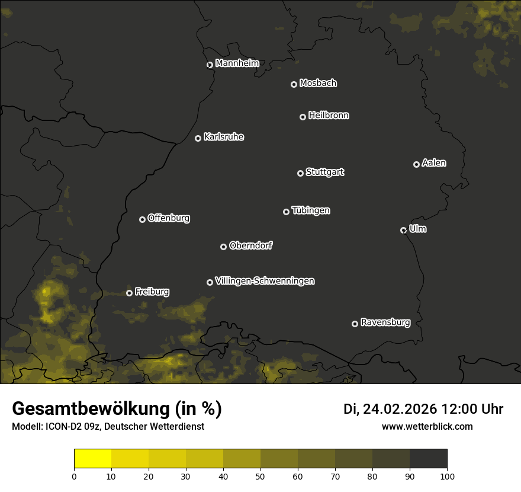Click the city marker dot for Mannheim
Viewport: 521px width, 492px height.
(210, 65)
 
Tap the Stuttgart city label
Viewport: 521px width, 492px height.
(324, 172)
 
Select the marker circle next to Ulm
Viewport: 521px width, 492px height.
(403, 230)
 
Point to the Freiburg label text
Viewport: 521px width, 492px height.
(152, 292)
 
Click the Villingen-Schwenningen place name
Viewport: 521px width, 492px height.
(265, 281)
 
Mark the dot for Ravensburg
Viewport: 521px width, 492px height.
(355, 324)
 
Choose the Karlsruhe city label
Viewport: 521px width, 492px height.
(223, 137)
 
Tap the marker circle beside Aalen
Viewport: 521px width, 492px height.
(416, 164)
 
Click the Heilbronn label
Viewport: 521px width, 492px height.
(329, 116)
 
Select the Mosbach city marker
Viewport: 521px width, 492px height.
(294, 85)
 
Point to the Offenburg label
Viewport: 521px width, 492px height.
(169, 218)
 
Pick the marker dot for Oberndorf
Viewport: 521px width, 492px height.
(223, 247)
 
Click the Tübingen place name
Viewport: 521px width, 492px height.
(311, 210)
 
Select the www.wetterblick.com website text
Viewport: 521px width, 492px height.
(427, 426)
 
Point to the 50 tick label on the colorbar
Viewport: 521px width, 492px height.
(260, 475)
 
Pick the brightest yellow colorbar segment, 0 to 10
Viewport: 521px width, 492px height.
(93, 459)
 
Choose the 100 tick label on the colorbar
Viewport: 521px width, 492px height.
(447, 475)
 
